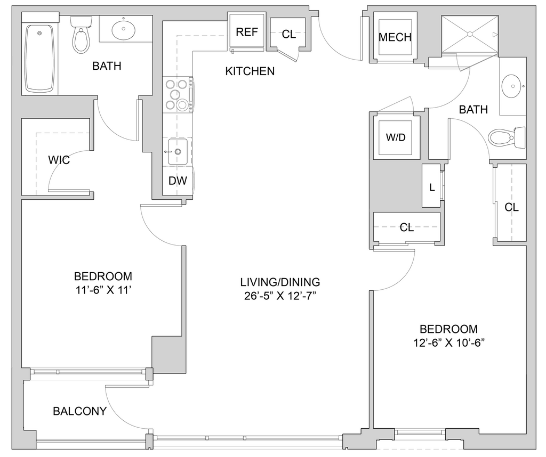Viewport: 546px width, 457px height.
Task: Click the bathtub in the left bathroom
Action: click(39, 58)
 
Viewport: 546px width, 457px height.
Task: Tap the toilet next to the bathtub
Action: click(81, 35)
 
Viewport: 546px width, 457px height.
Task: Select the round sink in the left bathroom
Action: click(123, 30)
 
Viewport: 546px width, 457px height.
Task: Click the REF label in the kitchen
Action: click(246, 31)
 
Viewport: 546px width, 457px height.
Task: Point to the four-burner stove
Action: click(178, 95)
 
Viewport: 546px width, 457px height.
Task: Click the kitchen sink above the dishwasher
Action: click(178, 151)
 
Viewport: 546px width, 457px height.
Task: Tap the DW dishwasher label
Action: click(178, 181)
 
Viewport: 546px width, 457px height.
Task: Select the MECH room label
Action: click(395, 37)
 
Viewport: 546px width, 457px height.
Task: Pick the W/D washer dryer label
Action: click(396, 137)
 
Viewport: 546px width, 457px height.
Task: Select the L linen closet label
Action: click(432, 187)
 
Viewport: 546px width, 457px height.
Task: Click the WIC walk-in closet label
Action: click(59, 160)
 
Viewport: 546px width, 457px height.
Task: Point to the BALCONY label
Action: click(79, 411)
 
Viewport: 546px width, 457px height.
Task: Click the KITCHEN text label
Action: click(250, 71)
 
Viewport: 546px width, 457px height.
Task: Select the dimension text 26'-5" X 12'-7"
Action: click(280, 296)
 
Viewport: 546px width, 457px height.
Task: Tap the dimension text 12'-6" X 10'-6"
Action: click(449, 343)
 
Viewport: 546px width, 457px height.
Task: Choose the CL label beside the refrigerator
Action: click(288, 34)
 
